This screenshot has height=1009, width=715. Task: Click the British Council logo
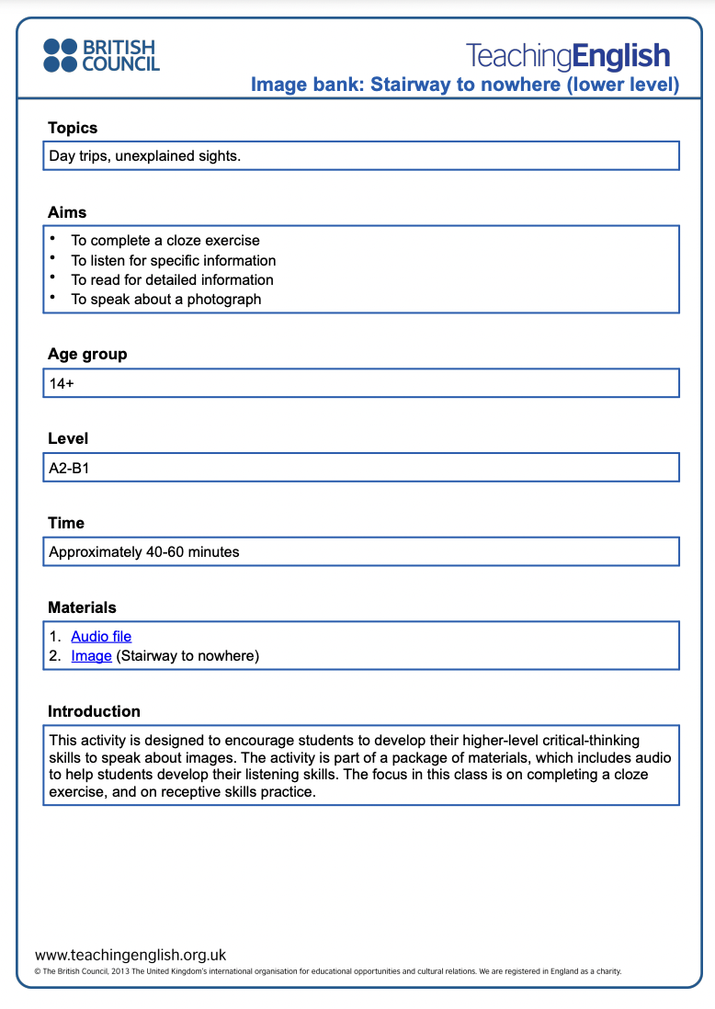point(101,55)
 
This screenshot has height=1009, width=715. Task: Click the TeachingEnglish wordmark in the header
point(568,55)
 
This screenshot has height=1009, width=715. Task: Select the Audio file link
point(101,636)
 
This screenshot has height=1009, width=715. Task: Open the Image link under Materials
point(91,656)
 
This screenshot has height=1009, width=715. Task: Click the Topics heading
point(73,128)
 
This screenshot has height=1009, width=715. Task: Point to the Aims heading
point(67,212)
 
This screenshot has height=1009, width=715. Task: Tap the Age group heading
point(87,354)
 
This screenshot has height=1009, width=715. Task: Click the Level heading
point(68,438)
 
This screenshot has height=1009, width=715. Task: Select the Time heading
point(66,523)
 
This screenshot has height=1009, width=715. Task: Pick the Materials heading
point(82,607)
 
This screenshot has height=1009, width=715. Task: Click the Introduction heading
point(94,711)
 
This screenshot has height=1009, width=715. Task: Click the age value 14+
point(62,383)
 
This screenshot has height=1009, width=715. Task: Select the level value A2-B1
point(69,468)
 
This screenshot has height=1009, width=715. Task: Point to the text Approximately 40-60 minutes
point(143,552)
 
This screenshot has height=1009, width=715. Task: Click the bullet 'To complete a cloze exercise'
point(165,241)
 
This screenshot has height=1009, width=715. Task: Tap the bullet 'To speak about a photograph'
point(165,300)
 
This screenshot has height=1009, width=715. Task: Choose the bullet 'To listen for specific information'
point(173,260)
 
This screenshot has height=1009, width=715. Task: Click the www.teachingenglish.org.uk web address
point(131,955)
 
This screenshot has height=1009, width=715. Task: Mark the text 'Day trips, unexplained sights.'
point(144,156)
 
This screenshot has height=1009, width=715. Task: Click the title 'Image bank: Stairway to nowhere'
point(465,85)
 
